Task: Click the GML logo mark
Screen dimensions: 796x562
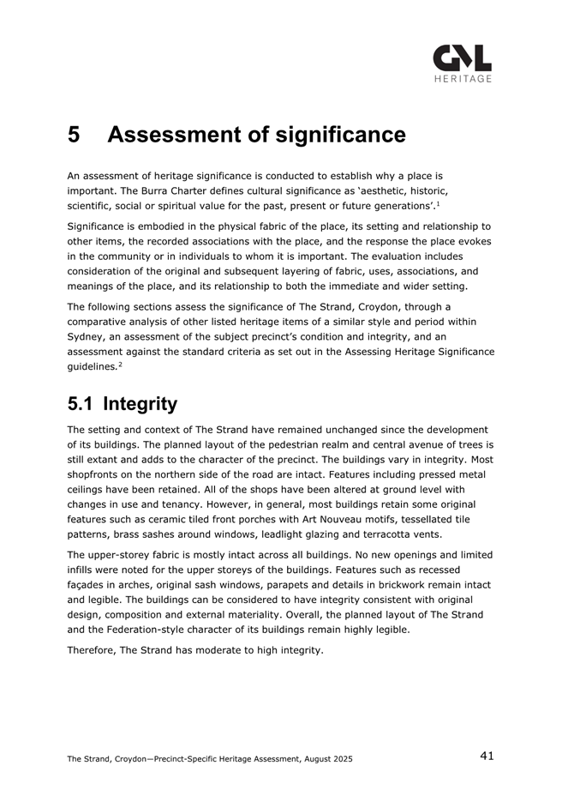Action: (463, 57)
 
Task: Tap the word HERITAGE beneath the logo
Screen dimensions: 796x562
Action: (463, 79)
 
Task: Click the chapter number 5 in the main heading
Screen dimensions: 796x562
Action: (75, 135)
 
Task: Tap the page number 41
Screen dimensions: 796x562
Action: (487, 756)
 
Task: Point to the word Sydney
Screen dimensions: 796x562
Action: (87, 336)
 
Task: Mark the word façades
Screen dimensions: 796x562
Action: (89, 584)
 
